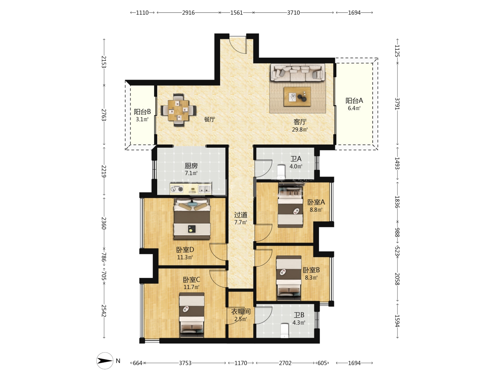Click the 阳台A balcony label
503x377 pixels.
[x=354, y=101]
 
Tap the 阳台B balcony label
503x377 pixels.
[x=142, y=112]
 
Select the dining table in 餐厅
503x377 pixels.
[x=178, y=110]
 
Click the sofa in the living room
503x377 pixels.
[x=298, y=72]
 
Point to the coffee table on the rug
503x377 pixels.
[x=297, y=97]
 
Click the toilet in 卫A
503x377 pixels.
[x=281, y=172]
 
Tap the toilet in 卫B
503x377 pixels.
[x=285, y=331]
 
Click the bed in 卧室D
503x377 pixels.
[x=192, y=219]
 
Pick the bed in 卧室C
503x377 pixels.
[x=191, y=315]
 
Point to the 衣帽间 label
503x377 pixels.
[x=241, y=311]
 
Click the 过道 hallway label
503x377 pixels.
[x=241, y=215]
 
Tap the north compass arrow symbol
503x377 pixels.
[x=105, y=361]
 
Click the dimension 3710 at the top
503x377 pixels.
[x=293, y=13]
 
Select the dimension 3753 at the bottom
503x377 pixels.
[x=185, y=363]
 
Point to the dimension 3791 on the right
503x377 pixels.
[x=397, y=104]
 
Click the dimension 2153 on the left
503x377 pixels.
[x=104, y=62]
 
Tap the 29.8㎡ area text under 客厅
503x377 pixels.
[x=300, y=130]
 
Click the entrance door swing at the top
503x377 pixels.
[x=238, y=45]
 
